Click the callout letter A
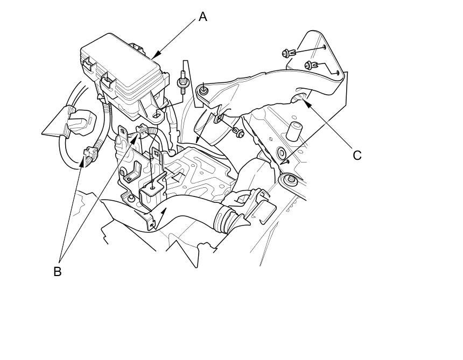[202, 17]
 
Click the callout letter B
[57, 272]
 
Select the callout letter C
[357, 156]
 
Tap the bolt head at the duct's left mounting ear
[204, 90]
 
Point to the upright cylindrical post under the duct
[294, 131]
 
